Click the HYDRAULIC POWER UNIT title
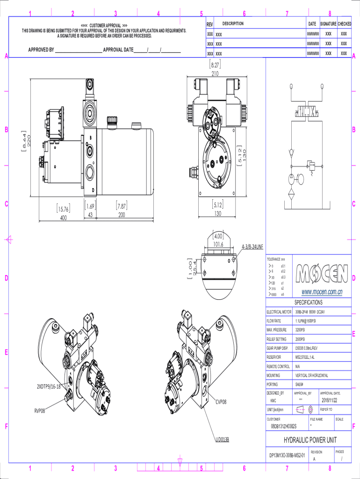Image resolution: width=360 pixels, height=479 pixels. pyautogui.click(x=310, y=440)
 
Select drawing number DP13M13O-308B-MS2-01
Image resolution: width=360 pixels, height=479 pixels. pyautogui.click(x=287, y=455)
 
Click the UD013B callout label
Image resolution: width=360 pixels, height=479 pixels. pyautogui.click(x=222, y=440)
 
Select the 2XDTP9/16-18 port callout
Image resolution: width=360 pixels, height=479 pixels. pyautogui.click(x=49, y=386)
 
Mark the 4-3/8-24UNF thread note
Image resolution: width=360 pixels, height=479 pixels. pyautogui.click(x=252, y=246)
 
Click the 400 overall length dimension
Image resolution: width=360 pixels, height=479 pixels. pyautogui.click(x=63, y=218)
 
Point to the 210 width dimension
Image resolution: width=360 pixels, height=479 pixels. pyautogui.click(x=215, y=74)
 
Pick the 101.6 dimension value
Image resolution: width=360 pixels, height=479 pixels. pyautogui.click(x=218, y=244)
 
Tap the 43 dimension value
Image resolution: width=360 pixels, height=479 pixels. pyautogui.click(x=91, y=215)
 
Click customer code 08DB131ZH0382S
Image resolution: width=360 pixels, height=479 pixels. pyautogui.click(x=284, y=426)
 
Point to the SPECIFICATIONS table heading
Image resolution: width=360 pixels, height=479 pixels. pyautogui.click(x=308, y=302)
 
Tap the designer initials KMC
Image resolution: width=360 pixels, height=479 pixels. pyautogui.click(x=273, y=401)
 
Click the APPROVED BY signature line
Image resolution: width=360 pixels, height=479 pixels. pyautogui.click(x=79, y=50)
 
